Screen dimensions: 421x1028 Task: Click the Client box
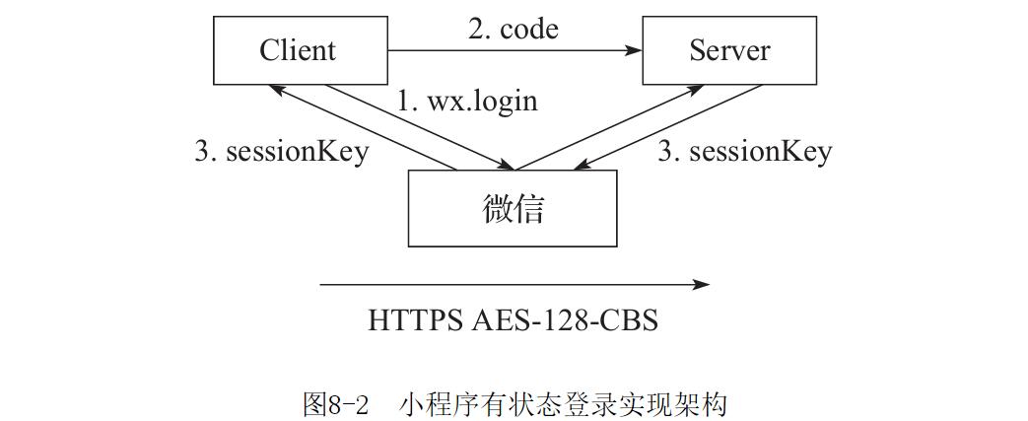point(298,50)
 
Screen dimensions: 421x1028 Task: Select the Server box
point(729,50)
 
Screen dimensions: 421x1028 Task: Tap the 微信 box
point(513,208)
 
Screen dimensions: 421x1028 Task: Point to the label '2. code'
point(513,30)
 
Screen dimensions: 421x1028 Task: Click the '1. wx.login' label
point(467,100)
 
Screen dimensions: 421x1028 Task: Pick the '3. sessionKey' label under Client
point(282,151)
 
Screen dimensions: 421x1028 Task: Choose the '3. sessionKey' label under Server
point(745,151)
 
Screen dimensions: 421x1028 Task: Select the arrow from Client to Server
point(513,49)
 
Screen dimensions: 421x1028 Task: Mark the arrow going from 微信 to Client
point(365,127)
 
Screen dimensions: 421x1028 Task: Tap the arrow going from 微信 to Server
point(611,126)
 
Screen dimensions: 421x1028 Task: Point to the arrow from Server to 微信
point(670,125)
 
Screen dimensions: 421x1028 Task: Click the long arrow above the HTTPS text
point(513,285)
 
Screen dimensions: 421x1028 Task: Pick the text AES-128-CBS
point(564,320)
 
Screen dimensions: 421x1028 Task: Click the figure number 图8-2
point(335,404)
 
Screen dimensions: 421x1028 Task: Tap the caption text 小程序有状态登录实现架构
point(564,404)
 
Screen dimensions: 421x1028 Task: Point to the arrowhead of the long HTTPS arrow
point(702,285)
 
